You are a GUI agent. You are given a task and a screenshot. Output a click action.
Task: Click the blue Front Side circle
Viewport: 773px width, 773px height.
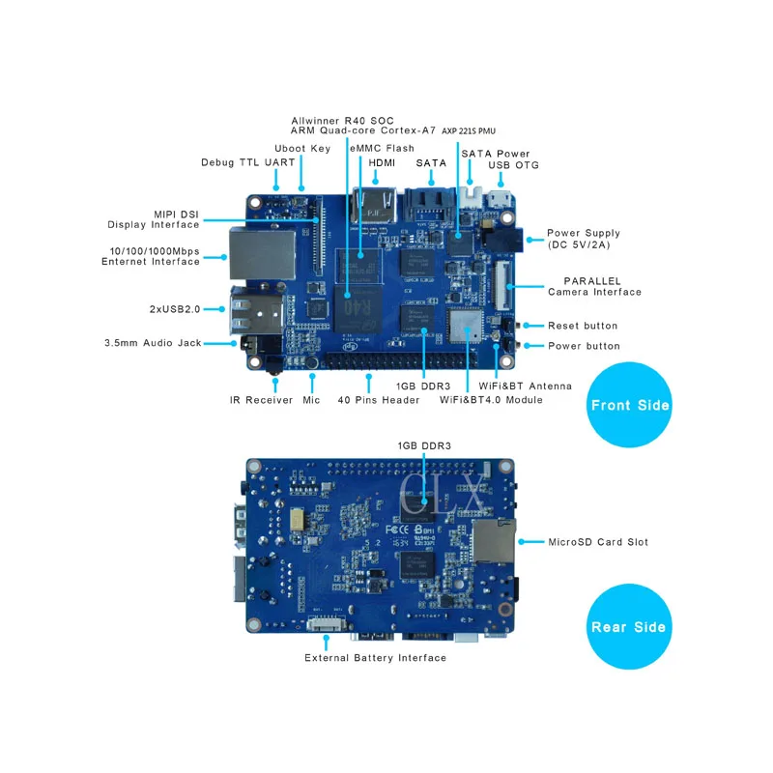click(629, 405)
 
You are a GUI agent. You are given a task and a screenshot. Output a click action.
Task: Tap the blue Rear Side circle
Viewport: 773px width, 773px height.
click(629, 626)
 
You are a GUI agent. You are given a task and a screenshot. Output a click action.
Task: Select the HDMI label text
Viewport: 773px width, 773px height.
click(382, 162)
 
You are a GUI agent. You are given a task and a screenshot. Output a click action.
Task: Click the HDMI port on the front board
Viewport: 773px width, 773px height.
click(374, 206)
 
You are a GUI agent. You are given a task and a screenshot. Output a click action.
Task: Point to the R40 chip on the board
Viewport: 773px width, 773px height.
click(358, 308)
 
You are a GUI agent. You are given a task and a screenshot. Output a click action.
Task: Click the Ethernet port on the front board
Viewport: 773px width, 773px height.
click(262, 254)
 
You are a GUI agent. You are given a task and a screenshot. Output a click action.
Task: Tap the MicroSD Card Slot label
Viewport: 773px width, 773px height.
click(598, 542)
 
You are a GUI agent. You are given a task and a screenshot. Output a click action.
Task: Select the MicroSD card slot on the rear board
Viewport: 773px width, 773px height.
click(494, 541)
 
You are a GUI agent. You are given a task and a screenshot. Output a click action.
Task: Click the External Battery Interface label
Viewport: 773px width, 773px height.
click(375, 658)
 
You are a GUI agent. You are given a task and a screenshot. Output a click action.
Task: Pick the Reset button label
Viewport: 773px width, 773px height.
click(583, 326)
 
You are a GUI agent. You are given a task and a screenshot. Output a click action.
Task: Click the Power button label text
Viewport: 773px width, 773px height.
click(584, 346)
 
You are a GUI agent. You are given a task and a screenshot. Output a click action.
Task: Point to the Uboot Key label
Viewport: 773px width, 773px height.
click(302, 149)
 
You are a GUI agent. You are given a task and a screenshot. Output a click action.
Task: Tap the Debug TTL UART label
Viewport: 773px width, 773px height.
click(248, 162)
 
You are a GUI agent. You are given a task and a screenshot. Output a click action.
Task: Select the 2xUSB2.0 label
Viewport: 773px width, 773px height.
click(175, 309)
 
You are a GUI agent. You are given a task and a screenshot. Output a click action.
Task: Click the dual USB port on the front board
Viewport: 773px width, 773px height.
click(257, 311)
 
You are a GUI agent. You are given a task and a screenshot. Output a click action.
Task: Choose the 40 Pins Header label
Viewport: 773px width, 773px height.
click(378, 400)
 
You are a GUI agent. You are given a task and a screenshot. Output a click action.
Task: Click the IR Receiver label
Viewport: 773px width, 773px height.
click(261, 400)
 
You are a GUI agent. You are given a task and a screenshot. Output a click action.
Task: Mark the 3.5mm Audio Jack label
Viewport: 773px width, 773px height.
click(153, 343)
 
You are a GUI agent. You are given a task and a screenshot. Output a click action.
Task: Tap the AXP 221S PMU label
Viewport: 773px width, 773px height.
click(469, 130)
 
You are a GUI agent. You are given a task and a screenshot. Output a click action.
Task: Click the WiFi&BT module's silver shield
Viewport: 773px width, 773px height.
click(465, 326)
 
